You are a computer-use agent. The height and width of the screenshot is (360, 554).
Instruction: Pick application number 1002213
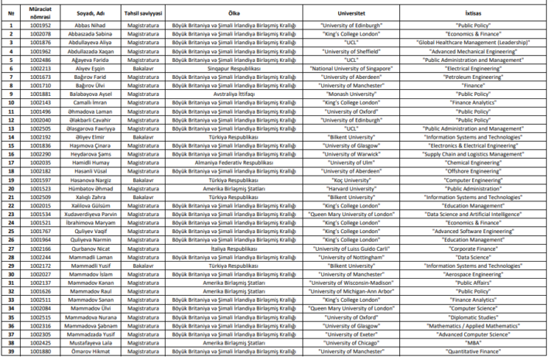pos(40,68)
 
